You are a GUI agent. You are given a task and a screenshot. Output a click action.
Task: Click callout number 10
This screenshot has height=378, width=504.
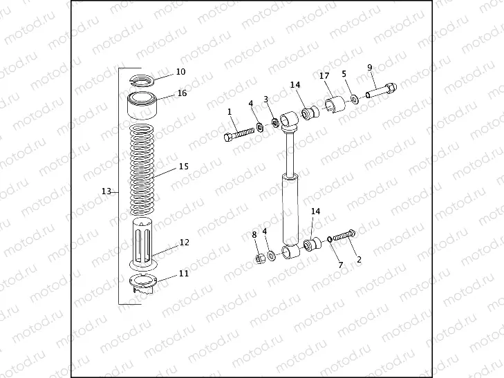[x=180, y=72]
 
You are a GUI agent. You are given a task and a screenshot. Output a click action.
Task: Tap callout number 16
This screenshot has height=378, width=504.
[x=182, y=93]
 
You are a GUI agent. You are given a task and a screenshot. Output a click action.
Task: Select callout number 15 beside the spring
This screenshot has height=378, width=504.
[x=183, y=167]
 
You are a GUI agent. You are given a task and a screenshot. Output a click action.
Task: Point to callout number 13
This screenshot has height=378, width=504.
[x=106, y=191]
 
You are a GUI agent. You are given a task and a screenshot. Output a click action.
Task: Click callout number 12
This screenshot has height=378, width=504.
[x=184, y=243]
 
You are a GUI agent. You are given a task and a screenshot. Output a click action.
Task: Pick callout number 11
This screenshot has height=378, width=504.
[x=183, y=273]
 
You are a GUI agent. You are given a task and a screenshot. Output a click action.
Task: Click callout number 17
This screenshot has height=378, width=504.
[x=323, y=75]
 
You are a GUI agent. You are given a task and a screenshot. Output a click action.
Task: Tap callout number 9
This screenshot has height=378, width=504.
[x=370, y=67]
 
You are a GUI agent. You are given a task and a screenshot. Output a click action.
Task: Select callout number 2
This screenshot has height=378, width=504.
[x=359, y=260]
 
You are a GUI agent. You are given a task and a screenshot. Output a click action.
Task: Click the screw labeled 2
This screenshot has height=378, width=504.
[x=343, y=236]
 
